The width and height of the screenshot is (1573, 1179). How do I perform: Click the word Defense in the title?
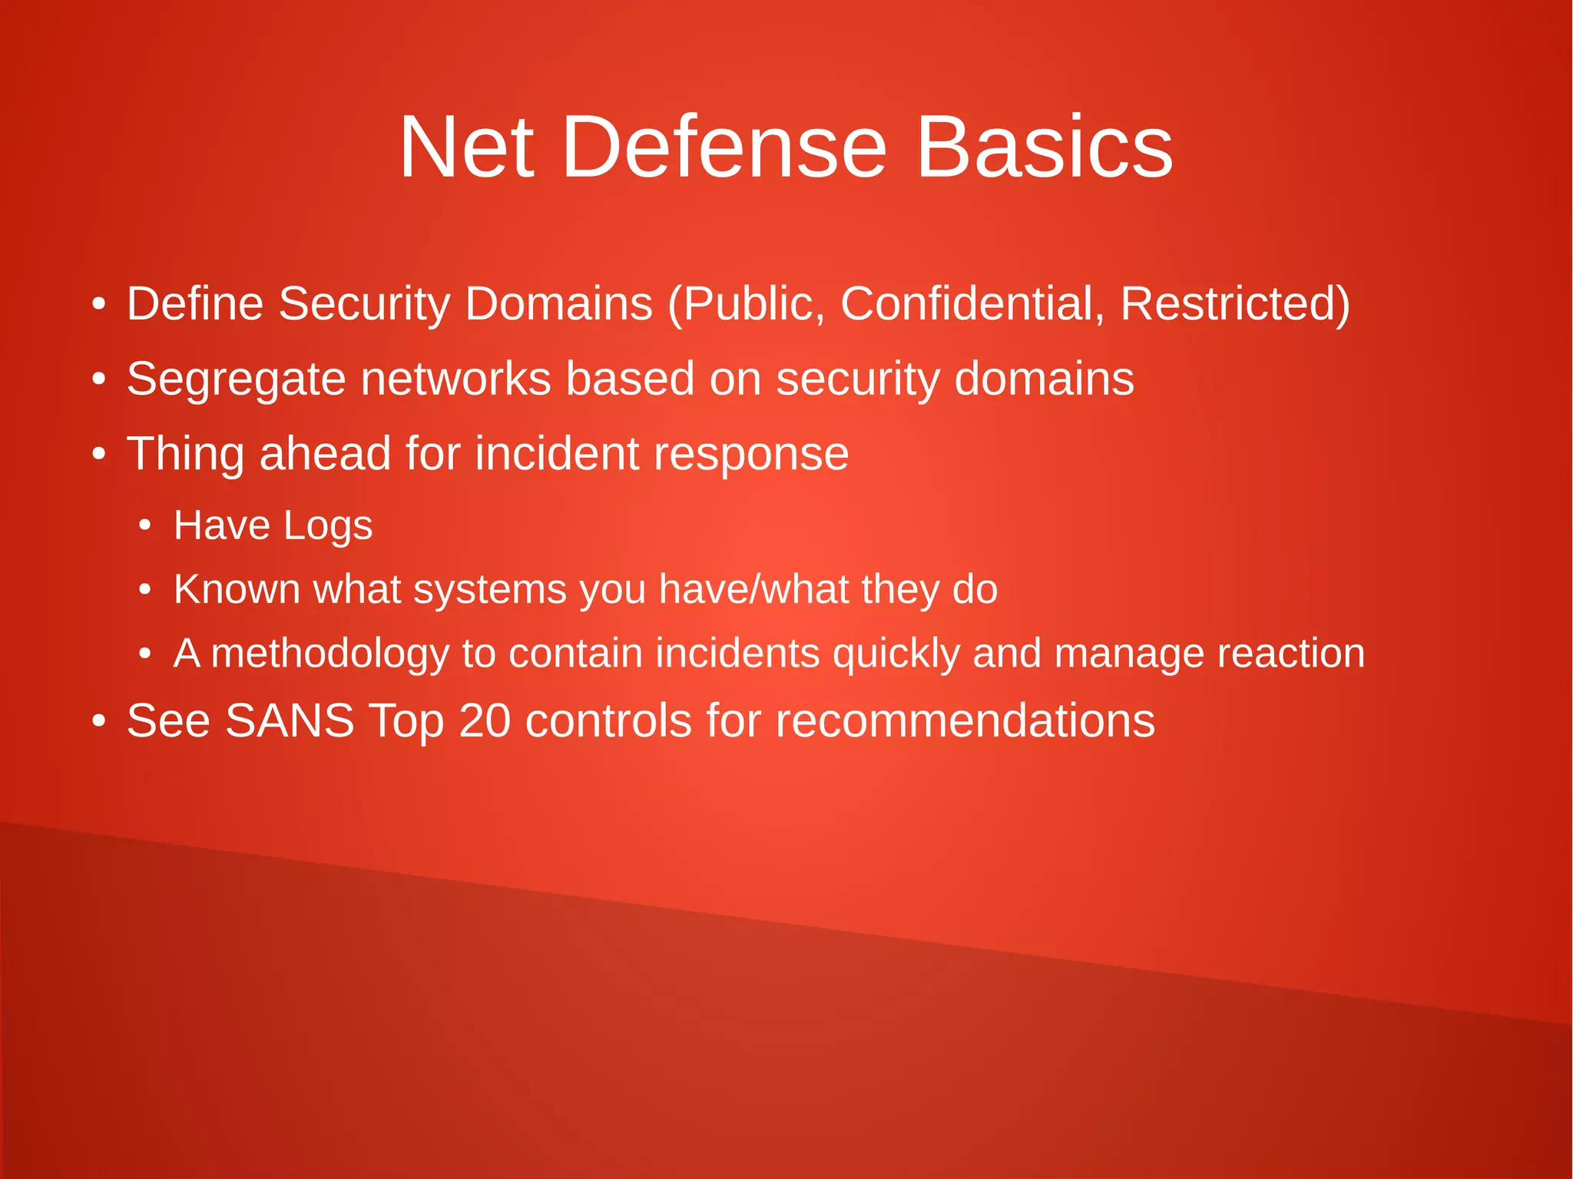(x=724, y=147)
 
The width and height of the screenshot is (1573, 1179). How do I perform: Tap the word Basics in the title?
(x=1044, y=147)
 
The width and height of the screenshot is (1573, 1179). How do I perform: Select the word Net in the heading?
(x=466, y=147)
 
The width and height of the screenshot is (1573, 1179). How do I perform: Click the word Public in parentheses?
(x=747, y=303)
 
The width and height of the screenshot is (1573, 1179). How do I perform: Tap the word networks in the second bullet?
(x=455, y=379)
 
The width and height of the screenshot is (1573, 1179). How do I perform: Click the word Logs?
(x=328, y=527)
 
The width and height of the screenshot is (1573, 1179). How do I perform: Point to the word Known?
(x=237, y=589)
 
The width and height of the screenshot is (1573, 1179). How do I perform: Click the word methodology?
(x=330, y=654)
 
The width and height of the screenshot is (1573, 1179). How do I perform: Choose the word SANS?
(x=290, y=720)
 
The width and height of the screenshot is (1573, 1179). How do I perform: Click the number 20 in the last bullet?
(x=485, y=720)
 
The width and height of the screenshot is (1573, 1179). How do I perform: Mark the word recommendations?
(x=965, y=720)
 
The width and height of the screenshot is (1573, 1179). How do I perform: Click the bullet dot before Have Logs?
(x=144, y=527)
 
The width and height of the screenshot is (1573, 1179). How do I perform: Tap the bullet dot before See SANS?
(x=98, y=722)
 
